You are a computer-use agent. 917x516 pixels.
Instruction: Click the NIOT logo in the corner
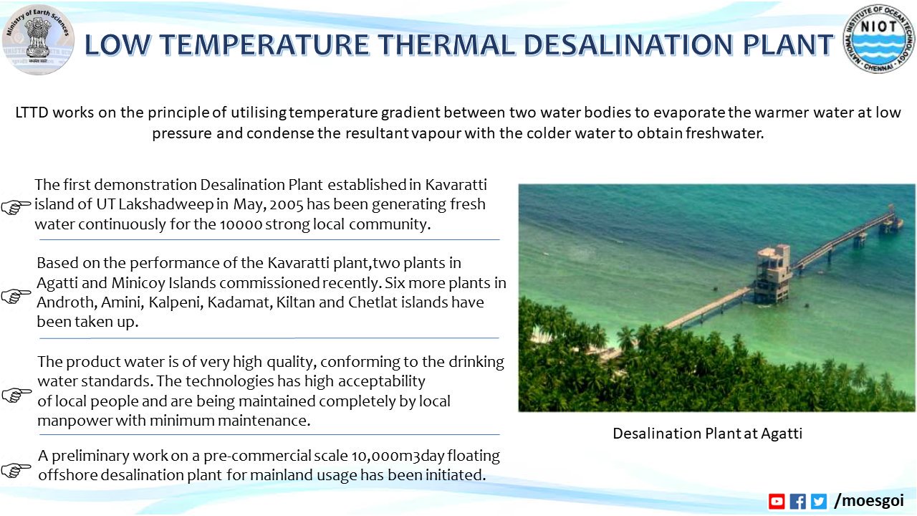pos(879,39)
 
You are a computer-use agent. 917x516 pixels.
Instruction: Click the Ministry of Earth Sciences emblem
pos(37,39)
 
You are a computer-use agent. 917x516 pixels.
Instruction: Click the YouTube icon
pos(777,502)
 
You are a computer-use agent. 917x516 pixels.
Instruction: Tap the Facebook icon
pos(797,502)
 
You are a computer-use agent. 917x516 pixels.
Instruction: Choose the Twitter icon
pos(818,502)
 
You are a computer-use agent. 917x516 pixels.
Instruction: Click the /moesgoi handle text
pos(869,500)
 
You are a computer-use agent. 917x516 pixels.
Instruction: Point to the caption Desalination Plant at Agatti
pos(707,433)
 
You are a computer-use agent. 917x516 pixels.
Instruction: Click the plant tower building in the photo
pos(772,273)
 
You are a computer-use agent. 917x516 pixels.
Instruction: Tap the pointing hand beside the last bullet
pos(16,470)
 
